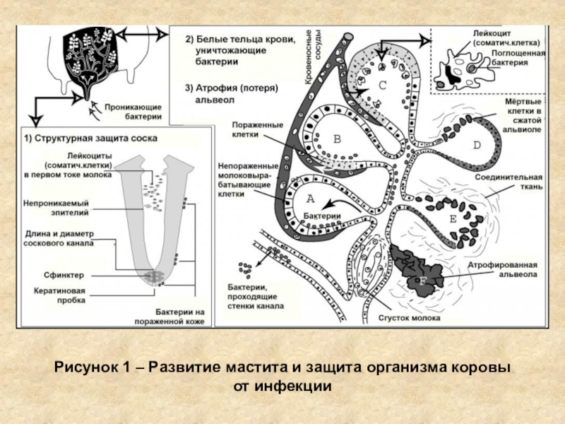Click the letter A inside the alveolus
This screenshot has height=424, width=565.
click(309, 199)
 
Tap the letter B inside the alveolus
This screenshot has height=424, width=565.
click(336, 139)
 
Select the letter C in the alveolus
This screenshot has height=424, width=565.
click(382, 85)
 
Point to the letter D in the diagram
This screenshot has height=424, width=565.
click(476, 146)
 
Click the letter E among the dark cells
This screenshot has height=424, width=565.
click(453, 218)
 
